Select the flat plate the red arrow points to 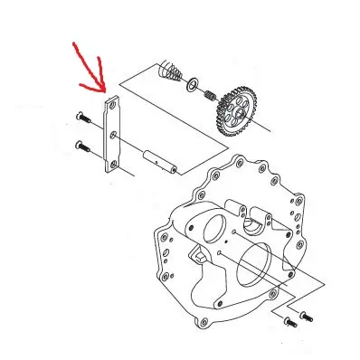[113, 136]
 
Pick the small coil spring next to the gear [207, 95]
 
